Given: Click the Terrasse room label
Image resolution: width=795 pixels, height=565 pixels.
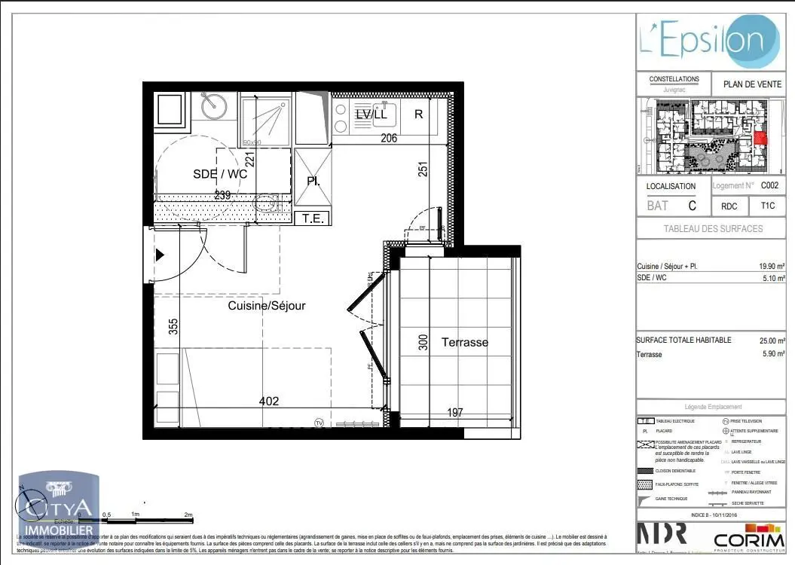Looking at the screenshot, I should coord(464,342).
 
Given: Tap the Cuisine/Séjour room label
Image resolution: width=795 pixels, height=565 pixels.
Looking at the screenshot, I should coord(267,306).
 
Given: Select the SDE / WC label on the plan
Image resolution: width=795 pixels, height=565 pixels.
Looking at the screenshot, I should coord(220,173).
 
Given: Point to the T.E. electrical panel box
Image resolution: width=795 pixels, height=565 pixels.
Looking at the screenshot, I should coord(312,218).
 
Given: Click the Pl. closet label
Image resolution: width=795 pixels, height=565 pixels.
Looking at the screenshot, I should coord(313,181).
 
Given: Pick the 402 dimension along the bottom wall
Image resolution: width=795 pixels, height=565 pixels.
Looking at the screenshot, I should coord(268,401).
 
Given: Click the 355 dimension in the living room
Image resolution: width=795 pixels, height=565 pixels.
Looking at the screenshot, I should coord(174,326).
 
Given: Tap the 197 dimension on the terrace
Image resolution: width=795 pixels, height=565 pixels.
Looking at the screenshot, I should coord(454,412).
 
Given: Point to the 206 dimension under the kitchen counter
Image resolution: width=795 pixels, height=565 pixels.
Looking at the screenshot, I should coord(388,138).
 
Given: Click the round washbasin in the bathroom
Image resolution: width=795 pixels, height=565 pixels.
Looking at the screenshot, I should coord(213,106).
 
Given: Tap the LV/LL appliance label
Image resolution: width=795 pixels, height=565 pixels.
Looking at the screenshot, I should coord(371,115).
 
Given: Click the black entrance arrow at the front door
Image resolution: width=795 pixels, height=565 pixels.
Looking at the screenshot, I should coord(159,255).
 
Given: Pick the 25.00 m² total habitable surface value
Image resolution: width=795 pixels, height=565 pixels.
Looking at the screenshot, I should coord(772,341).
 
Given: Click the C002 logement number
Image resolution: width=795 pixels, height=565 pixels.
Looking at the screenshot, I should coord(769,185).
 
